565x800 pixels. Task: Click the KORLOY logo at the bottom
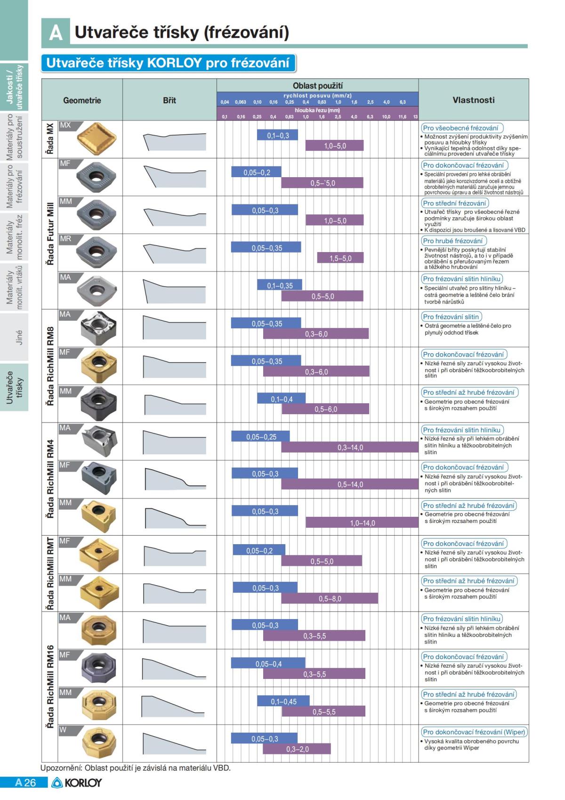[77, 783]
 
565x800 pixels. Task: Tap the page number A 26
[25, 783]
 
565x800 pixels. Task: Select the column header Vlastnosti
[473, 100]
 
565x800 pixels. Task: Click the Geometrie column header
[82, 100]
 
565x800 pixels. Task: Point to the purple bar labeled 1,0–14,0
[362, 522]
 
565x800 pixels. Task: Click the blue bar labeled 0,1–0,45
[283, 702]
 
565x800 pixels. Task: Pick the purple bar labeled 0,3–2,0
[298, 749]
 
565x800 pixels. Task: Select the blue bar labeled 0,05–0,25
[261, 437]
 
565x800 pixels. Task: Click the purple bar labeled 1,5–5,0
[340, 258]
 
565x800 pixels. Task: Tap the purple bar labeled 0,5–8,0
[330, 598]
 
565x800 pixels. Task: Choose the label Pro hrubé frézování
[452, 241]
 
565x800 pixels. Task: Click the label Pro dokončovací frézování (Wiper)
[474, 732]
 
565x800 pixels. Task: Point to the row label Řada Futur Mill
[50, 234]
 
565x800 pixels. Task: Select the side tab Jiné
[19, 337]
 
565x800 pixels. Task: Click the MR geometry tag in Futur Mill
[65, 239]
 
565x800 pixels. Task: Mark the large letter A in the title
[56, 33]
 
